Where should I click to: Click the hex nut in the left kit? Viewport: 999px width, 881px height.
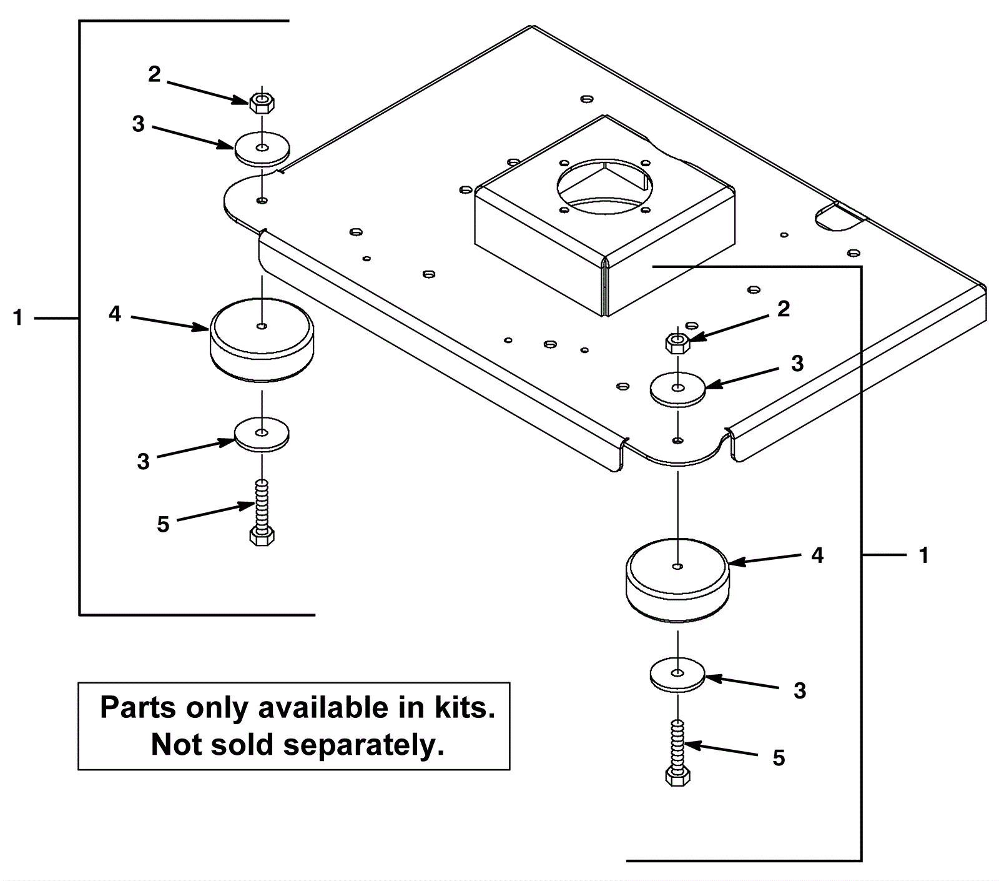[262, 102]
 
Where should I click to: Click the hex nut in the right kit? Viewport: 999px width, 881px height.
[677, 342]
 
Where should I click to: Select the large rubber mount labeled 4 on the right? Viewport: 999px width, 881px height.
[677, 580]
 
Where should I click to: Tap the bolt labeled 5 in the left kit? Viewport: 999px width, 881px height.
[262, 512]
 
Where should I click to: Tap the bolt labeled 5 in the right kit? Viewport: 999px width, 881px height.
[677, 752]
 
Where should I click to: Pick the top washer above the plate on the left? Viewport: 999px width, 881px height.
[262, 149]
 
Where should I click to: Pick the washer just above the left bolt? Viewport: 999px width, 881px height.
[262, 434]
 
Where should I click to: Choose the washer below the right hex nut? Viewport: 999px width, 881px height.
[678, 389]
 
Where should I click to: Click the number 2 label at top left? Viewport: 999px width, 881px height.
[154, 74]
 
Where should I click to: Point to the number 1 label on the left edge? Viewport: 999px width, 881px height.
[18, 318]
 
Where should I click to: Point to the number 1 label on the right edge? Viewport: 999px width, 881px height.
[924, 555]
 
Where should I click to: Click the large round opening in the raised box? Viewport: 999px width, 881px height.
[605, 184]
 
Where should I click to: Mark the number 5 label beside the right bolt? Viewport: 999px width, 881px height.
[779, 758]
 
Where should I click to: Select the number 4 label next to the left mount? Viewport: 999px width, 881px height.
[115, 314]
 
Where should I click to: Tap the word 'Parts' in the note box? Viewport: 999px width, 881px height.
[139, 708]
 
